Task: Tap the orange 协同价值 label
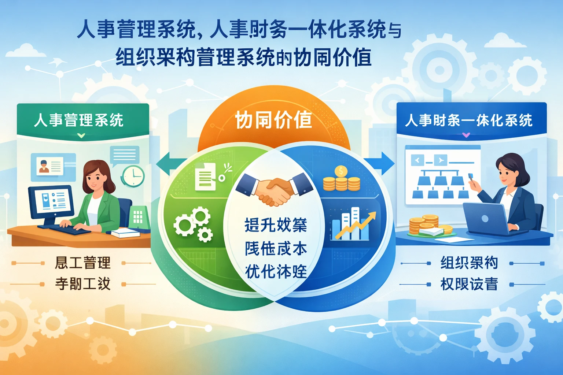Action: tap(273, 120)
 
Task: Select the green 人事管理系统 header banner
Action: tap(83, 120)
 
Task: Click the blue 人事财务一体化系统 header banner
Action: tap(471, 120)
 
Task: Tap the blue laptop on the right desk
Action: tap(486, 219)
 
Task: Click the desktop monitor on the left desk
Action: tap(52, 203)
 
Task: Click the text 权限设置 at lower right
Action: tap(469, 284)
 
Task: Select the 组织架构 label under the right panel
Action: tap(469, 263)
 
